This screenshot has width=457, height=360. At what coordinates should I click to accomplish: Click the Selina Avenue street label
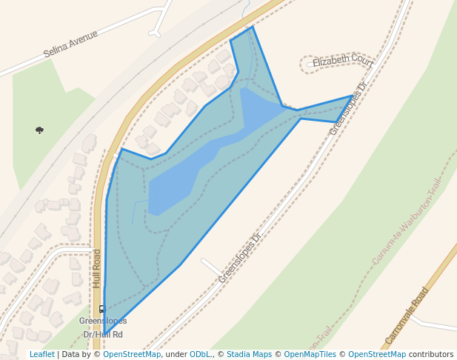click(70, 44)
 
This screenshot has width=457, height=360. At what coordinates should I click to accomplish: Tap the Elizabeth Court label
click(342, 61)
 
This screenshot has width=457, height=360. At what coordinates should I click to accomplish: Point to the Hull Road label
click(96, 268)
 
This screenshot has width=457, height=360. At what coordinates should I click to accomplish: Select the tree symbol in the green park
click(39, 130)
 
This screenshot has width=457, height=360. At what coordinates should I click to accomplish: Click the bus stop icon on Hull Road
click(102, 309)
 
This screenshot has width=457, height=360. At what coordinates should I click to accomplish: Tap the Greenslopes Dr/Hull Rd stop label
click(103, 327)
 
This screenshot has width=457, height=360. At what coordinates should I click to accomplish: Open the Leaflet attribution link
click(42, 355)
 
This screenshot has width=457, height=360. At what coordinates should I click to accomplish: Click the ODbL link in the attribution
click(199, 355)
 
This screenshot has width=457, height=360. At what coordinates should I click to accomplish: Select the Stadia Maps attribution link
click(249, 355)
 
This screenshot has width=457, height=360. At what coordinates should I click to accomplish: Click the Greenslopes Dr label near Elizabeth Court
click(348, 108)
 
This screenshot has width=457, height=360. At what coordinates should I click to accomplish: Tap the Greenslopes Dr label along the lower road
click(240, 258)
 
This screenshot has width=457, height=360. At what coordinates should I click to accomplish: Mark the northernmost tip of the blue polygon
click(253, 27)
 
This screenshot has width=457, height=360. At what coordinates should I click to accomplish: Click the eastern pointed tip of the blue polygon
click(353, 96)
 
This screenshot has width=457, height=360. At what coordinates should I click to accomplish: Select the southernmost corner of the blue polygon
click(104, 334)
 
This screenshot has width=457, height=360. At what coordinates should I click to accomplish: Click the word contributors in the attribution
click(431, 355)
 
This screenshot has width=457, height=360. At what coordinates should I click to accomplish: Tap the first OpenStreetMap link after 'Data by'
click(132, 355)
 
